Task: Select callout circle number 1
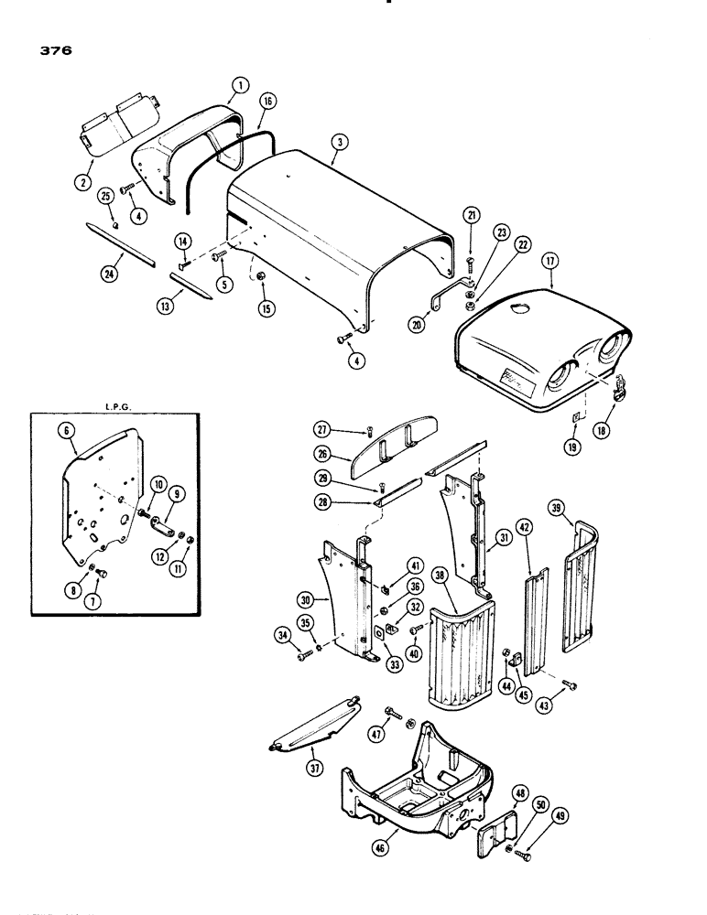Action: click(x=240, y=86)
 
